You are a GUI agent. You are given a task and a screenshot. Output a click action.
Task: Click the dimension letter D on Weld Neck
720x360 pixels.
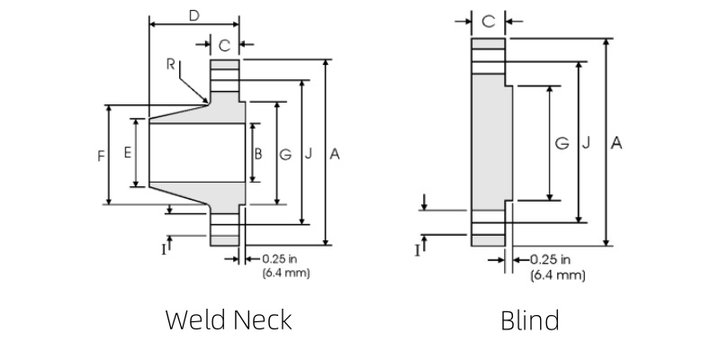193,15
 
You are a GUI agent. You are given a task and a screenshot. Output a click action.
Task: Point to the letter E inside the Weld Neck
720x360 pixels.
128,153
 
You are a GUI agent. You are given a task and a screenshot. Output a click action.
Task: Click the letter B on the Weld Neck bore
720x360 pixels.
257,154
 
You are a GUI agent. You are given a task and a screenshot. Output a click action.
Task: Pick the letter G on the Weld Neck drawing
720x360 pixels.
285,154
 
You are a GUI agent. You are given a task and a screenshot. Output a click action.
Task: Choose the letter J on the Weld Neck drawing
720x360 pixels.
310,154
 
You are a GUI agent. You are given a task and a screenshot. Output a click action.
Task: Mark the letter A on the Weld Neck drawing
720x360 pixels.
334,154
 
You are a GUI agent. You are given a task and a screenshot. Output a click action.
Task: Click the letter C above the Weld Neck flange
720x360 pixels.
224,44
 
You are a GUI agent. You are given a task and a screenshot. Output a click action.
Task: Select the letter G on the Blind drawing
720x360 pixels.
562,143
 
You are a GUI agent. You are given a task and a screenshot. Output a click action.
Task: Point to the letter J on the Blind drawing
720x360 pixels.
586,143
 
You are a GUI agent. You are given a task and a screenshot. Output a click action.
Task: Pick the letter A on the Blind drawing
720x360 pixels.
616,142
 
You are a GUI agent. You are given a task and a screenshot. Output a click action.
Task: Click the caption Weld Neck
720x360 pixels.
229,319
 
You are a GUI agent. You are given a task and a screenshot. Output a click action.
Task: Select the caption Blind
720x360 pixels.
529,319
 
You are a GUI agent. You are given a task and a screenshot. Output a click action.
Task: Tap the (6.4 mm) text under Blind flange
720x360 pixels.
558,274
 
